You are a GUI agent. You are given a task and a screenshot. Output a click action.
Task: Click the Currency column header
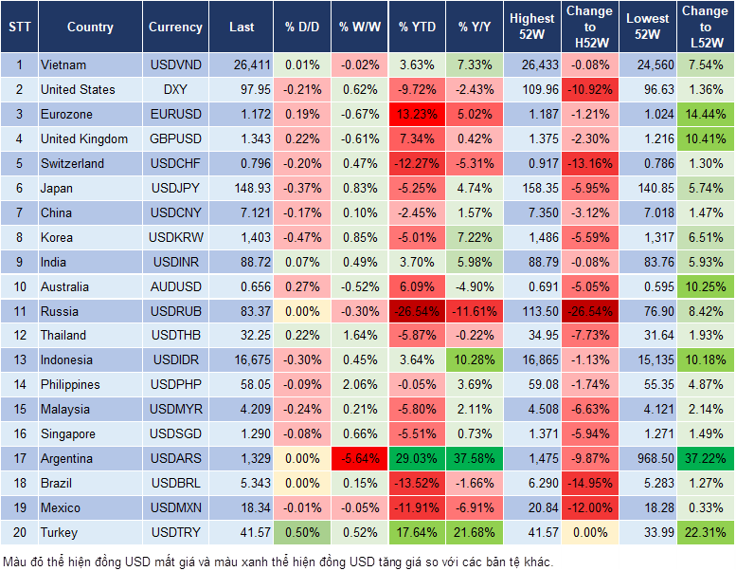coord(175,28)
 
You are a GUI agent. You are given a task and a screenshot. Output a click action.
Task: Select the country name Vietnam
coord(63,64)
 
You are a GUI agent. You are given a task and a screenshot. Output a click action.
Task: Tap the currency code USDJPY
coord(175,188)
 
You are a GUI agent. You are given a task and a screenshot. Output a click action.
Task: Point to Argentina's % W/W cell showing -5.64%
coord(360,459)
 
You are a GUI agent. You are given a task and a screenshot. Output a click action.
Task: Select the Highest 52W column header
coord(531,28)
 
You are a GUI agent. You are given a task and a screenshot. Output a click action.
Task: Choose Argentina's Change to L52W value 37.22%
coord(706,459)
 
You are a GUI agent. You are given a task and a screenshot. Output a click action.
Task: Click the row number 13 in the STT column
coord(19,360)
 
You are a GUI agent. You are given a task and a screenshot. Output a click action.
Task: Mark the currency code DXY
coord(175,89)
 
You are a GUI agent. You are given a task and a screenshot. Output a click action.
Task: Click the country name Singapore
coord(68,434)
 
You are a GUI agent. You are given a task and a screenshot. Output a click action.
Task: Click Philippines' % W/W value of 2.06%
coord(360,385)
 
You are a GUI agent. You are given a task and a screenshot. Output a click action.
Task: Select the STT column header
coord(19,28)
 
